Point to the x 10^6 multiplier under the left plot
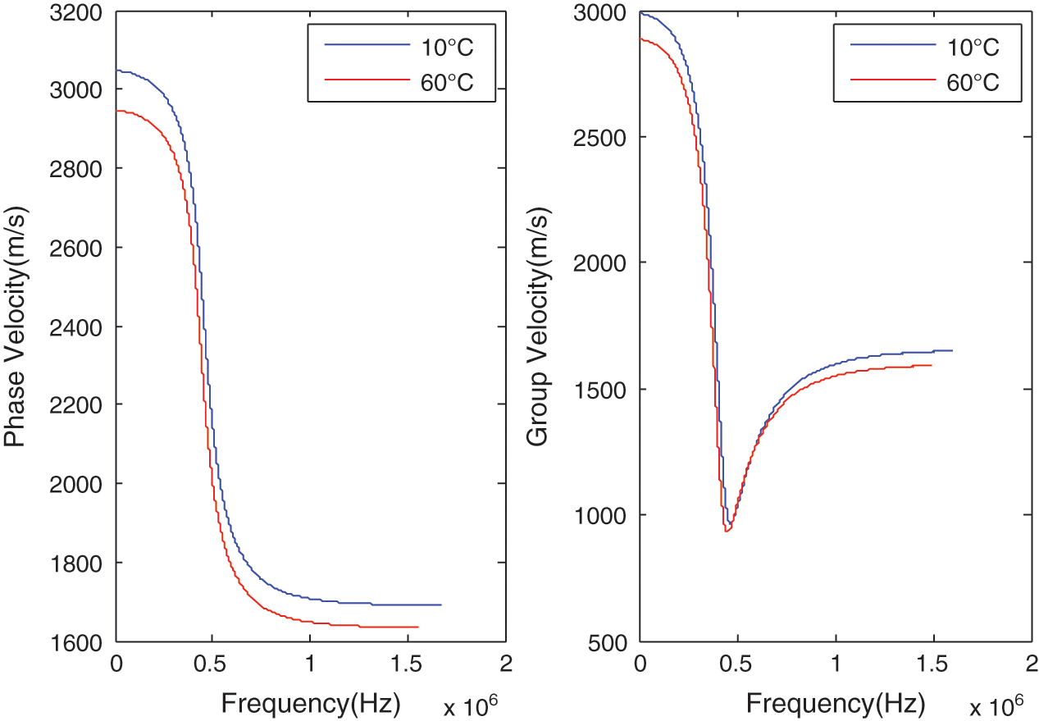pos(471,705)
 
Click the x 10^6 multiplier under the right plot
pos(996,705)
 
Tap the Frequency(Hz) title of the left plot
pos(310,703)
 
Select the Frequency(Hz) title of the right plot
pos(836,703)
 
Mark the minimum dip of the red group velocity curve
pos(727,532)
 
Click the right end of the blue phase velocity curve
pos(441,605)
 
